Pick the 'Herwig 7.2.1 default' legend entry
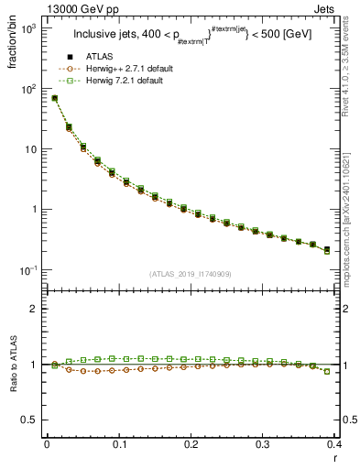(124, 82)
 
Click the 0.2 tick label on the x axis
(191, 444)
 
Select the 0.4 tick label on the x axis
(333, 444)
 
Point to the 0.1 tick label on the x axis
(118, 444)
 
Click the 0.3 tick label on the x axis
(262, 444)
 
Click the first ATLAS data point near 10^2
(54, 98)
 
